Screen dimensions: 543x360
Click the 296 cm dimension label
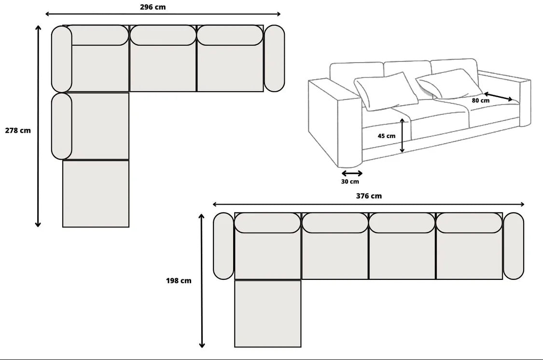coord(153,7)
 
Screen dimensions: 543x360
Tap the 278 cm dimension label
coord(18,130)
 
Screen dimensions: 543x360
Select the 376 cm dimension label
coord(369,196)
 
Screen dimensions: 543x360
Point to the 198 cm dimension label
coord(178,281)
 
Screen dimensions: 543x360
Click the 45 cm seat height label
coord(387,136)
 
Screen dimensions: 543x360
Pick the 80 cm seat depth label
coord(481,100)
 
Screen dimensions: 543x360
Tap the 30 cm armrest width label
coord(350,181)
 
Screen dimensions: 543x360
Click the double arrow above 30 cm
coord(352,173)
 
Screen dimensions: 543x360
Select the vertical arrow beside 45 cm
coord(402,135)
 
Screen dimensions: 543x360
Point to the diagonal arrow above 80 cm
coord(498,97)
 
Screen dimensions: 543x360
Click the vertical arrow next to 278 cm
coord(38,126)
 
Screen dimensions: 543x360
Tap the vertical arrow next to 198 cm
coord(202,281)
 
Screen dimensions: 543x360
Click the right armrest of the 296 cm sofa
coord(274,58)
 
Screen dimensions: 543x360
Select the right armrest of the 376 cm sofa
coord(513,246)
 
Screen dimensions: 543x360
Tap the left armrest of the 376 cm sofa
coord(223,246)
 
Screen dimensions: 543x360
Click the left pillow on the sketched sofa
coord(386,91)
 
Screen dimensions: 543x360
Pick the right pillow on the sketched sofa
coord(449,84)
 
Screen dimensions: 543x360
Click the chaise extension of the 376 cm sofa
coord(268,314)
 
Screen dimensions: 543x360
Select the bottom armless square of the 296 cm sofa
coord(96,194)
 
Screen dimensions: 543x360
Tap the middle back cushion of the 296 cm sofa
coord(163,35)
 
